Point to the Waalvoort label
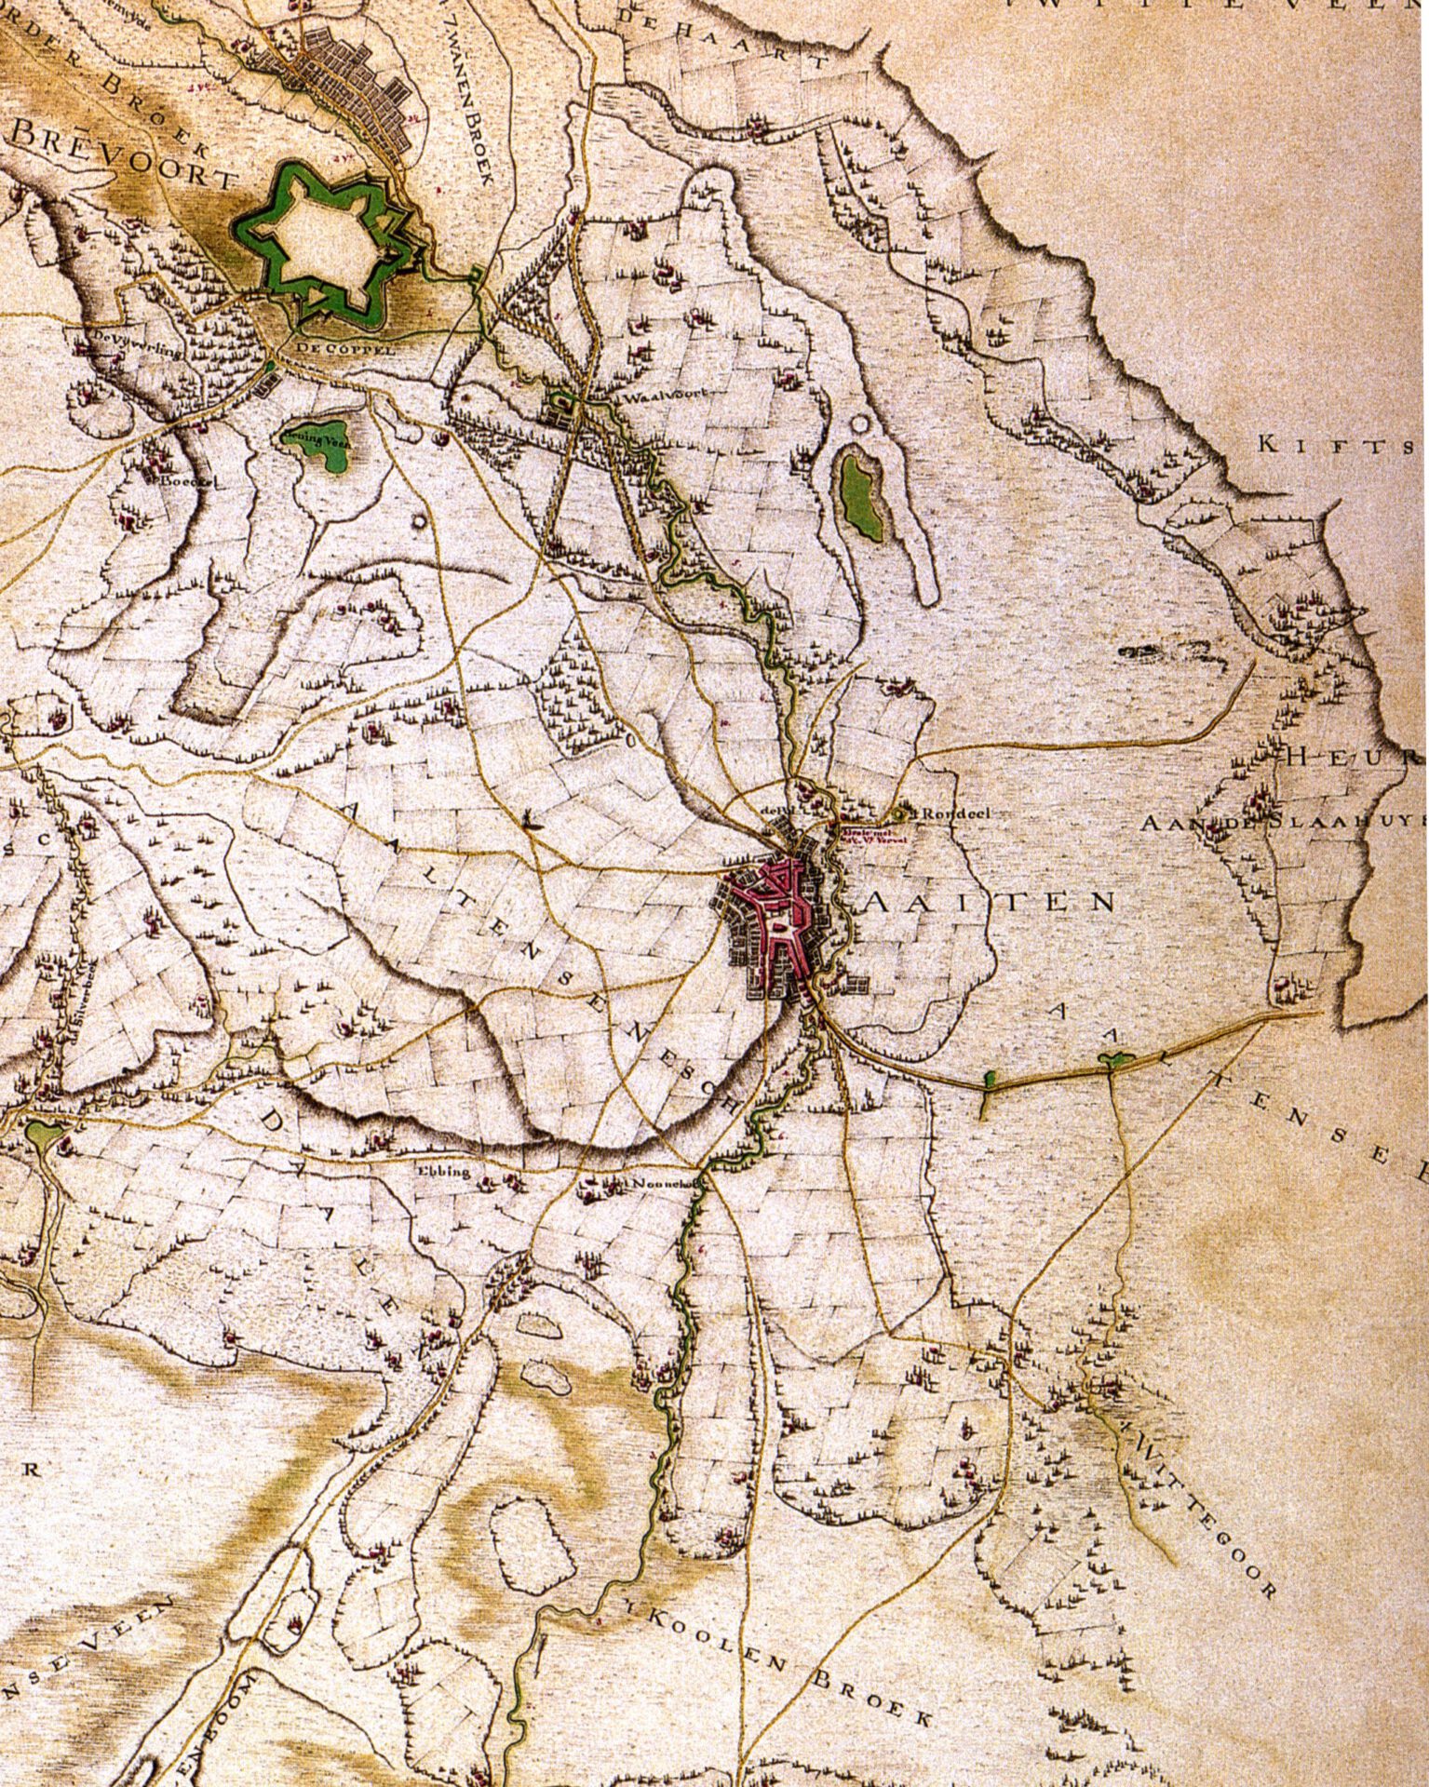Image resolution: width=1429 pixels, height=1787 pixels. (660, 396)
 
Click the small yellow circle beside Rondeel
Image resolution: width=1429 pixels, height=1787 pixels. (899, 813)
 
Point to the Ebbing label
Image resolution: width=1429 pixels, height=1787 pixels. (438, 1171)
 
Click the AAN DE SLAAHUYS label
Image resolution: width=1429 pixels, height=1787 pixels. (1285, 824)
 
